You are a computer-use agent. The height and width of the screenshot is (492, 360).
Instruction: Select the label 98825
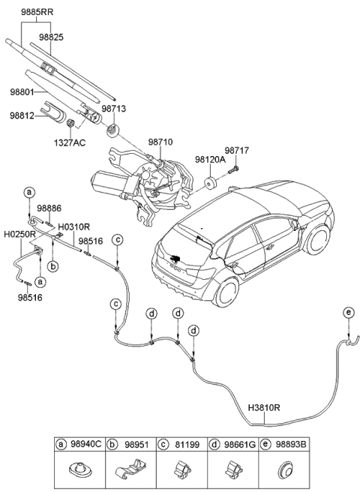click(52, 36)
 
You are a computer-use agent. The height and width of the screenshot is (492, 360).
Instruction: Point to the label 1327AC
click(68, 141)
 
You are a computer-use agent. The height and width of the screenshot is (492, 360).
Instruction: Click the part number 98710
click(160, 141)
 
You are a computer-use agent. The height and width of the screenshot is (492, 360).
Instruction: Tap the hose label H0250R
click(19, 234)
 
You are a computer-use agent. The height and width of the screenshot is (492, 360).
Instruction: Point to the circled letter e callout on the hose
click(347, 311)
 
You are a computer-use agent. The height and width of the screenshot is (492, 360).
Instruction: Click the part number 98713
click(113, 109)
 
